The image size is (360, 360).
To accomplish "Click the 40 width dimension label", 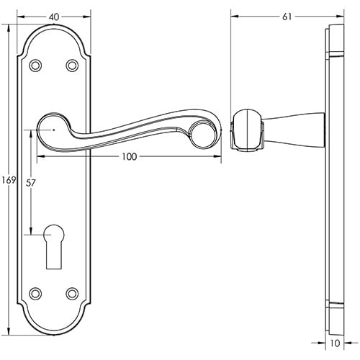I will click(x=54, y=6).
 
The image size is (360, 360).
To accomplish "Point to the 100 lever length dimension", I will click(x=129, y=156).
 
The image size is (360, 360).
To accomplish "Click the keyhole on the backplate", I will click(x=54, y=246).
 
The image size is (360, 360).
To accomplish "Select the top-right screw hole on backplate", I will click(x=71, y=66).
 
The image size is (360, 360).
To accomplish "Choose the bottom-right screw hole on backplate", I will click(x=71, y=293).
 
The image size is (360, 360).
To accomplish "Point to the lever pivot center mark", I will click(x=54, y=130).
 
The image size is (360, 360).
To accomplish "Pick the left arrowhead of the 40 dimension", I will click(x=20, y=13).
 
